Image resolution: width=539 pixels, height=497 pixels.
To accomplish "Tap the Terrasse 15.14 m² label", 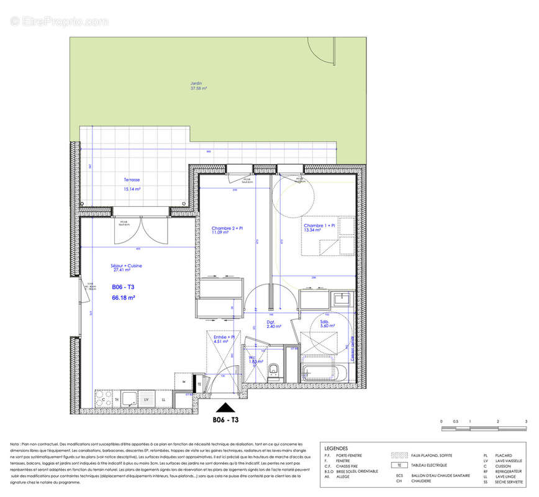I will [x=132, y=184].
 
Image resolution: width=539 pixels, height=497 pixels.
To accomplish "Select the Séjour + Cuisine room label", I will [x=127, y=268].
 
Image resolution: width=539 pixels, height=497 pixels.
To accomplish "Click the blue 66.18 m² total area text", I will [x=123, y=298].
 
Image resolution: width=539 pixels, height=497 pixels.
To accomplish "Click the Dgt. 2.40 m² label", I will [x=271, y=324].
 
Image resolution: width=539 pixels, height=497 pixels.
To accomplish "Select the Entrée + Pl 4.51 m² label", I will [x=224, y=339].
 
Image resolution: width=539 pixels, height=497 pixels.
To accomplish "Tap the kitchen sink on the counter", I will [x=130, y=397].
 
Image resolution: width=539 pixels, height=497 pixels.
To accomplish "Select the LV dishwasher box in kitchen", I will [x=147, y=398].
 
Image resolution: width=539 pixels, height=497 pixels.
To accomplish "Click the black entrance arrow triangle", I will [x=226, y=408].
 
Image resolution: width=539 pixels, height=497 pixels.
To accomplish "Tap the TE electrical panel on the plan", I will [x=199, y=384].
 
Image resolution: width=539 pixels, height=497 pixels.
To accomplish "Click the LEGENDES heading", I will [x=336, y=449].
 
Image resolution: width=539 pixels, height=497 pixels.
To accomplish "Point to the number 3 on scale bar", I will [x=525, y=422].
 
